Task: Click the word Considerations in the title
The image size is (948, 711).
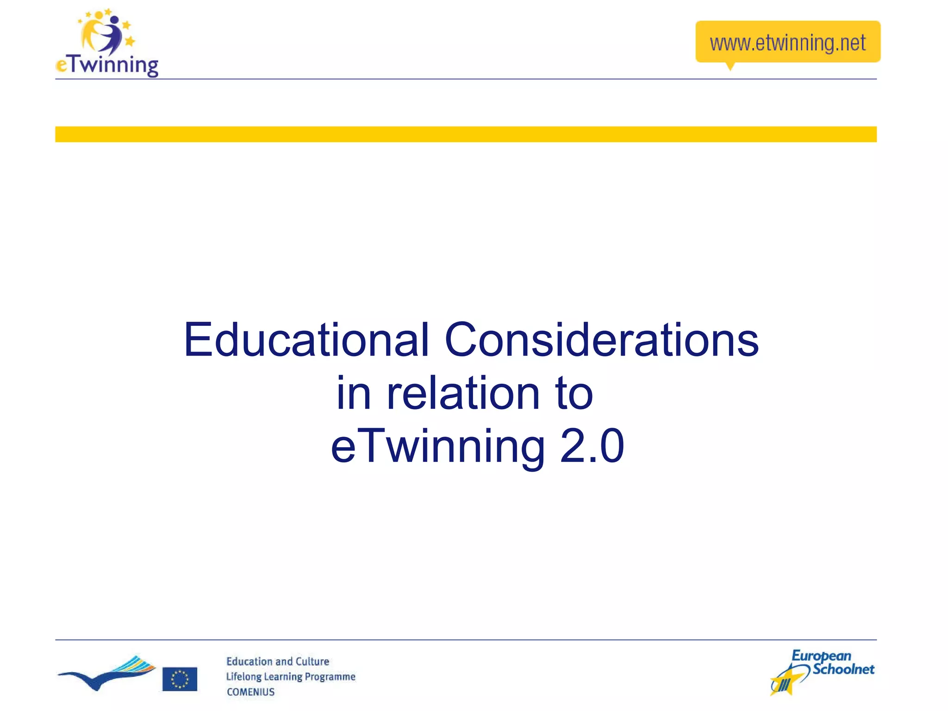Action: (601, 340)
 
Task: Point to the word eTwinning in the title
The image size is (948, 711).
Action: (437, 447)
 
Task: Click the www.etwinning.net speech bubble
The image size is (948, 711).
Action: (787, 42)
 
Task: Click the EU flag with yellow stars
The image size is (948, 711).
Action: (180, 679)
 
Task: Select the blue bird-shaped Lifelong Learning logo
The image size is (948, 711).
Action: (106, 674)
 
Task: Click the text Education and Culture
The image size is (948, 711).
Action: (277, 661)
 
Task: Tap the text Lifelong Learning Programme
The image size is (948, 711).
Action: (290, 677)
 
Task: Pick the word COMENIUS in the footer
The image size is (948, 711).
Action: (250, 692)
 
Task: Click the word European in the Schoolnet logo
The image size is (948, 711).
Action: (821, 656)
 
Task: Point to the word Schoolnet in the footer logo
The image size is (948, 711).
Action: (843, 669)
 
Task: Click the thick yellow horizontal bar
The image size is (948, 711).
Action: (466, 134)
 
